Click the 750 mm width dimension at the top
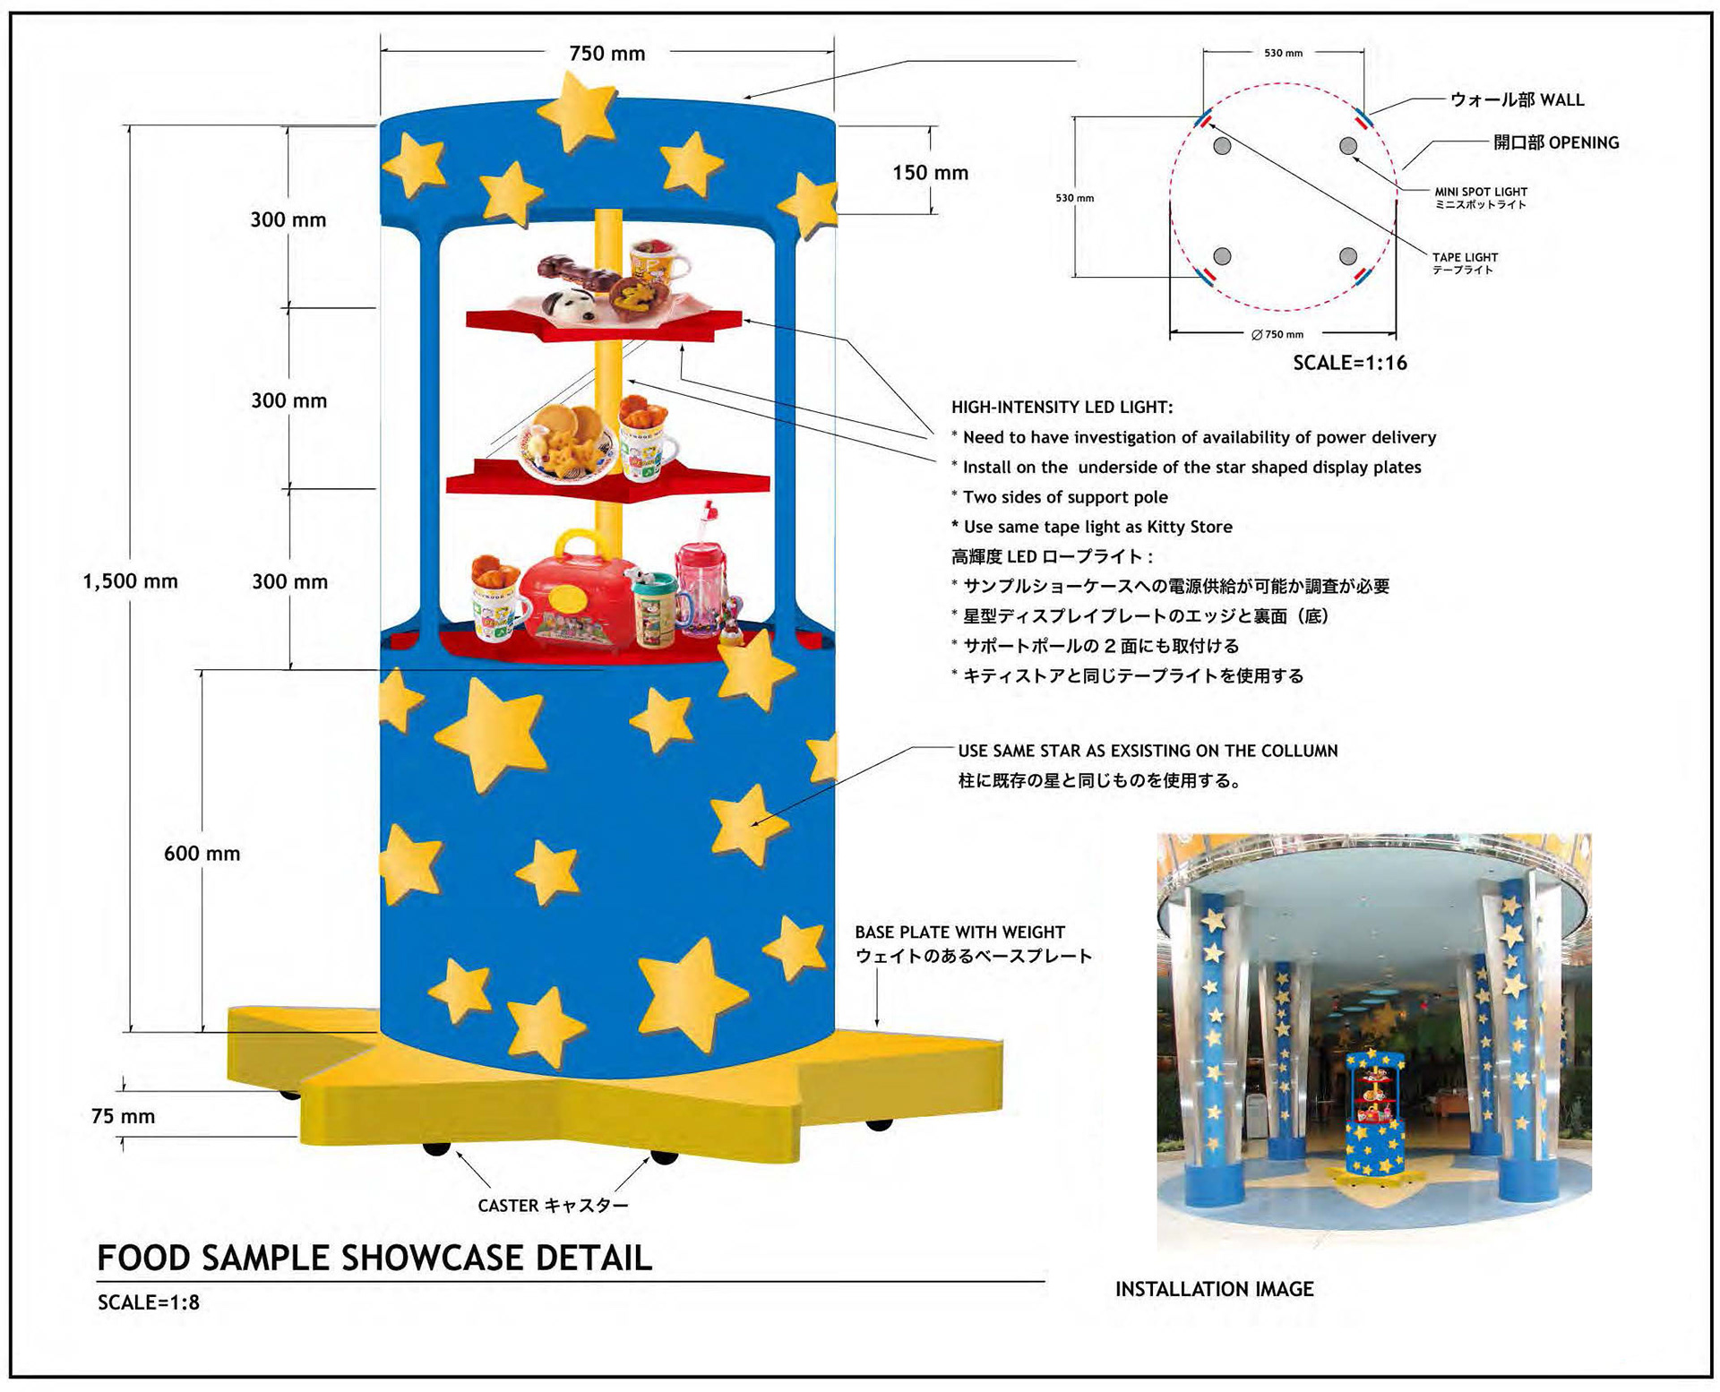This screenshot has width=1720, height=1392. click(x=606, y=54)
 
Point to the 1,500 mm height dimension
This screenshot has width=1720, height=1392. click(x=131, y=581)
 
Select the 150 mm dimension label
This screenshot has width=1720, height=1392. click(x=930, y=173)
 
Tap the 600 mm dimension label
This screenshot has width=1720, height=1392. click(x=202, y=854)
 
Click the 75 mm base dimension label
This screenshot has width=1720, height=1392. click(x=124, y=1116)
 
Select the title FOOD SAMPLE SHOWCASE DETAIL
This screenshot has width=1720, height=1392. click(x=374, y=1258)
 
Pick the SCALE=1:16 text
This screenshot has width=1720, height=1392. click(x=1349, y=363)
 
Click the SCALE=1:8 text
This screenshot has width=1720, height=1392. click(x=149, y=1302)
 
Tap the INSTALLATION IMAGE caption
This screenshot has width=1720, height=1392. click(x=1214, y=1289)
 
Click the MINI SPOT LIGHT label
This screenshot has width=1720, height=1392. click(x=1480, y=192)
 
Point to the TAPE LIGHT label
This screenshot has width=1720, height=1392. click(x=1465, y=258)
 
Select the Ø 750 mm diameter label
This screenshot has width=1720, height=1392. click(x=1277, y=334)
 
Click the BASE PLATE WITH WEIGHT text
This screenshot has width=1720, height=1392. click(x=959, y=932)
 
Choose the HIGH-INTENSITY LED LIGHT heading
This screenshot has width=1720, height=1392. click(x=1062, y=408)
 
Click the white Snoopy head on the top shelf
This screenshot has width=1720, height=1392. click(x=575, y=305)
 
